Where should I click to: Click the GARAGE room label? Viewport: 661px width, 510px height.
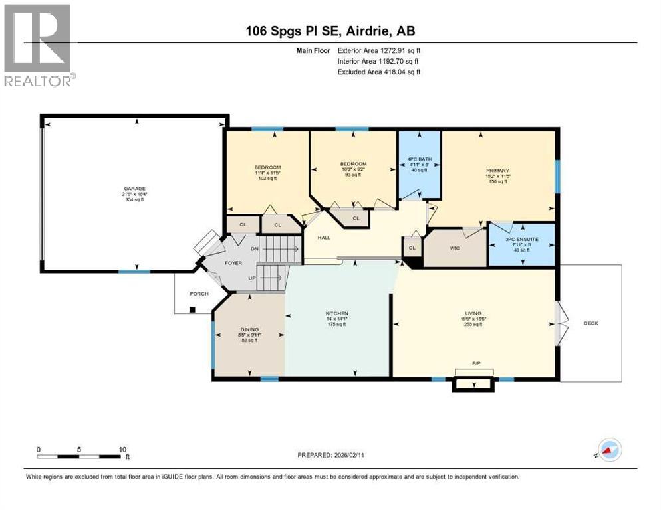134,188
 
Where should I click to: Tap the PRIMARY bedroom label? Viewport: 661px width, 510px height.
497,170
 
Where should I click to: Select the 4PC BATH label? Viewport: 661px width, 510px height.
419,159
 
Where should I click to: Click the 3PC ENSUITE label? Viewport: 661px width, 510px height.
521,238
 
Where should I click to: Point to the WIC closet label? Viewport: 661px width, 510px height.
455,248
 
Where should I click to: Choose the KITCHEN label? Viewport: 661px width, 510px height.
336,313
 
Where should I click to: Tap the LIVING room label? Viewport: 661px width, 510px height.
473,313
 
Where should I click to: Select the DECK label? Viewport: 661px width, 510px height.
591,323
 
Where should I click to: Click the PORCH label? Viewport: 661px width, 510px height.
199,294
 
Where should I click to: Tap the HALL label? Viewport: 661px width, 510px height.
324,238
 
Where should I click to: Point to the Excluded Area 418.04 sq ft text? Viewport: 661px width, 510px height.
379,72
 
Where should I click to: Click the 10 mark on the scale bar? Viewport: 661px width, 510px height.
122,449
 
